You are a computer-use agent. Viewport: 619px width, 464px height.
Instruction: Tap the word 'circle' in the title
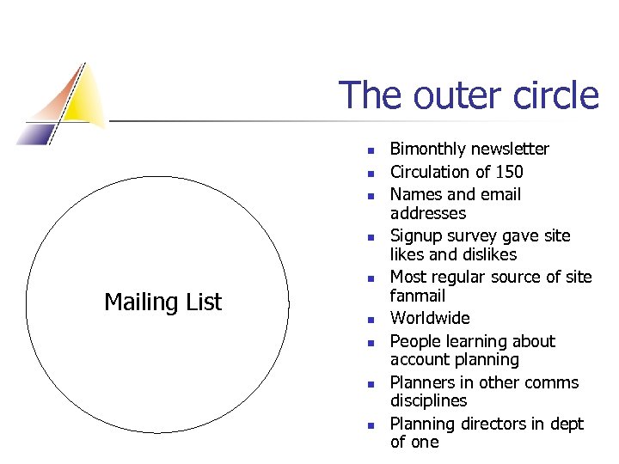[x=551, y=95]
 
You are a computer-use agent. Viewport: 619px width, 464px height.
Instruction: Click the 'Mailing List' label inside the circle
[x=162, y=302]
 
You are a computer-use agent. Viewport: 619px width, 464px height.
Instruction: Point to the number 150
[x=508, y=172]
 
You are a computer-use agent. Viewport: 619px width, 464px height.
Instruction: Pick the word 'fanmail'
[x=418, y=296]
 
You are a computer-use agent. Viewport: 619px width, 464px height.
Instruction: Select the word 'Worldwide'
[x=430, y=319]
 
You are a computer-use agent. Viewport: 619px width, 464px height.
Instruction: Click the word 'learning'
[x=477, y=342]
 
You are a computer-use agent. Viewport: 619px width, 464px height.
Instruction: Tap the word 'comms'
[x=555, y=383]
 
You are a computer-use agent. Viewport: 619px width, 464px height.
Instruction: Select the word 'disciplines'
[x=428, y=401]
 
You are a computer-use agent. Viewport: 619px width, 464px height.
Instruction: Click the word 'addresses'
[x=428, y=213]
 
